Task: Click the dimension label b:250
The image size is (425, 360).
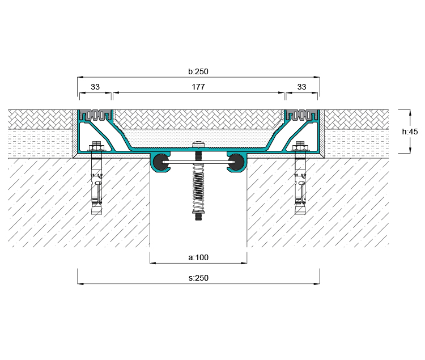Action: coord(198,71)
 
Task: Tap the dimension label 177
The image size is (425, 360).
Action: coord(198,87)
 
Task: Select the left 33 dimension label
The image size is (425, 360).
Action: coord(95,87)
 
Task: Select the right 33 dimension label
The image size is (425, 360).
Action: coord(301,87)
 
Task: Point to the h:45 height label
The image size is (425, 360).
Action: coord(410,132)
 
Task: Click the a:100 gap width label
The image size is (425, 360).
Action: coord(198,257)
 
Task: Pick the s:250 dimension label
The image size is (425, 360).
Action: coord(198,278)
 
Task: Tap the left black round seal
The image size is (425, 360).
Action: coord(161,162)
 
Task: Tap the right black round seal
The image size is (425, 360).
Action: coord(236,162)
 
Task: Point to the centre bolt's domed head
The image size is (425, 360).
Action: coord(198,145)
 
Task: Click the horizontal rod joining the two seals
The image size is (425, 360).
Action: coord(198,162)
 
